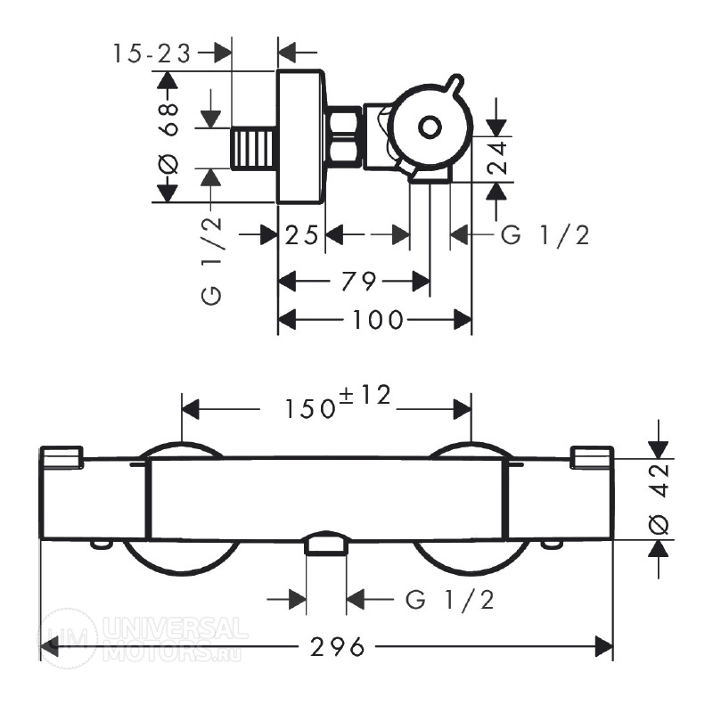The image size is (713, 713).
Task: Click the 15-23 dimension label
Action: [152, 53]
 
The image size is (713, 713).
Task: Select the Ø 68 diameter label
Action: [168, 138]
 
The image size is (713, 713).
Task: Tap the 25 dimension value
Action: [301, 235]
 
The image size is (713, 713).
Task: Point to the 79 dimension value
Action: [359, 281]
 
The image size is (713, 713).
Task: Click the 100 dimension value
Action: [378, 320]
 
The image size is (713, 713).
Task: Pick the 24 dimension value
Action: [497, 158]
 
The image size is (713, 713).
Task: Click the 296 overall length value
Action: [338, 647]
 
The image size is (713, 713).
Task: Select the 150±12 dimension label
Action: [338, 402]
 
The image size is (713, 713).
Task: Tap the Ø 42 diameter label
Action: [659, 499]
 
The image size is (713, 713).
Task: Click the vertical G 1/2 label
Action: [212, 261]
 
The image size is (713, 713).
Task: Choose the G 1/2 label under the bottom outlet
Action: [450, 599]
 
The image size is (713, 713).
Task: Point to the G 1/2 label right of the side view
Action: [545, 235]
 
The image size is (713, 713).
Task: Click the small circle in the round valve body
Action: [430, 127]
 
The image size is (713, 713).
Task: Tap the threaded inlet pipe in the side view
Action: [254, 149]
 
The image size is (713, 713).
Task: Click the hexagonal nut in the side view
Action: [344, 135]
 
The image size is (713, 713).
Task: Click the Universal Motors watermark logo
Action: [142, 638]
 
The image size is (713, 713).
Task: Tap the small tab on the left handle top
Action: [61, 457]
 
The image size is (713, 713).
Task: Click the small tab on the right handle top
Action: [592, 457]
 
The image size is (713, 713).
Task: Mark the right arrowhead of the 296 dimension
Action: [604, 647]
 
